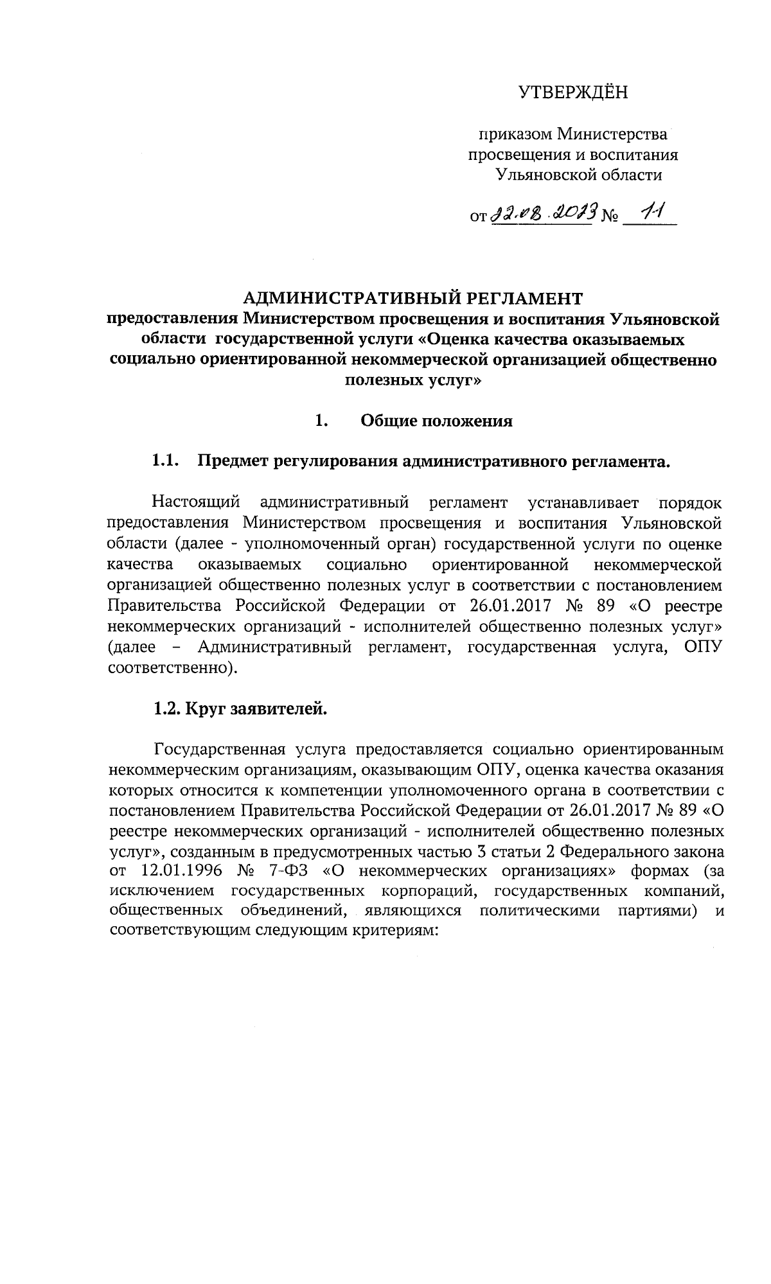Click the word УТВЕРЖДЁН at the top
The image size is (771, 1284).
(573, 93)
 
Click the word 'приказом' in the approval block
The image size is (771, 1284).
(513, 134)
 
